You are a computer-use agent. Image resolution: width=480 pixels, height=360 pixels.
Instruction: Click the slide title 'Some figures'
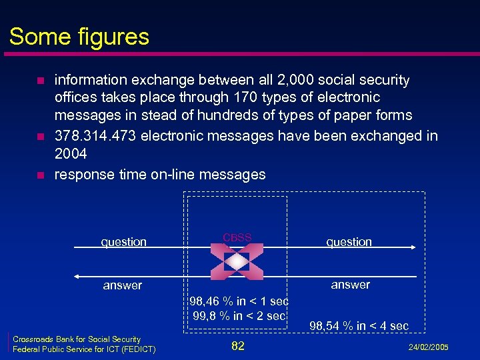[x=79, y=36]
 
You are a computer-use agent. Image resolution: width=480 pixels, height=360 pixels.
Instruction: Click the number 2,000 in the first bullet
[x=293, y=80]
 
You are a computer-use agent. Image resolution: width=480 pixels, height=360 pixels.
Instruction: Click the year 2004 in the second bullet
[x=71, y=154]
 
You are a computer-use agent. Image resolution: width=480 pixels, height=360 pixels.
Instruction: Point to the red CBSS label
[x=237, y=237]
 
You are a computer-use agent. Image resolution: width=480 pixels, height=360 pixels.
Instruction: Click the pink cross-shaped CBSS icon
[x=237, y=261]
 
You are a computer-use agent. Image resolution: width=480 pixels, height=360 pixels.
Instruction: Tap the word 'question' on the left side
[x=123, y=242]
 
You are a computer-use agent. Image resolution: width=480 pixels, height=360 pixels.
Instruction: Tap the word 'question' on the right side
[x=349, y=241]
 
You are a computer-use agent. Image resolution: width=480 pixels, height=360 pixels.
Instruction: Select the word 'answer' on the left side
[x=123, y=285]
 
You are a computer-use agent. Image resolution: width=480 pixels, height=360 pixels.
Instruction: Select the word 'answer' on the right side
[x=350, y=285]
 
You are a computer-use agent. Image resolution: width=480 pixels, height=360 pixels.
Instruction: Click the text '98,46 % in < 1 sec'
[x=238, y=302]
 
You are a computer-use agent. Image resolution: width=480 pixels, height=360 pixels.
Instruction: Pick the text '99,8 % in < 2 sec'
[x=239, y=315]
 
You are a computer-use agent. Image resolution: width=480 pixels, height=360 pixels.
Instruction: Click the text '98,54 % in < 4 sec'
[x=359, y=326]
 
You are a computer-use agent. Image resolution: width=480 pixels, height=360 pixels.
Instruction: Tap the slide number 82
[x=237, y=345]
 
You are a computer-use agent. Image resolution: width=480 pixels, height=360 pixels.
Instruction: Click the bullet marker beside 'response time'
[x=40, y=176]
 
